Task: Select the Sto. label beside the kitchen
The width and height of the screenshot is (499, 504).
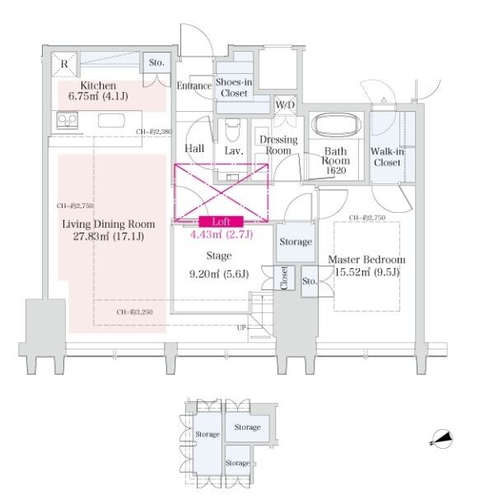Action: (156, 62)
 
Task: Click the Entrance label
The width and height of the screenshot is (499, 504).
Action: (194, 85)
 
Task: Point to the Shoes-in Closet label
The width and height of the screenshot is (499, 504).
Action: (235, 87)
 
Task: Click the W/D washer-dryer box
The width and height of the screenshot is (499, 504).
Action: (285, 104)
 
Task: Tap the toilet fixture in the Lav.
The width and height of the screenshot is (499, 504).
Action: (232, 130)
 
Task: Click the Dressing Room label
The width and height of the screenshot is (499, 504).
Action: (277, 146)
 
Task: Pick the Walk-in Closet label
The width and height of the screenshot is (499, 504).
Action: (386, 157)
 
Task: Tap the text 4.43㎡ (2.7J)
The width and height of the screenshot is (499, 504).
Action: (221, 234)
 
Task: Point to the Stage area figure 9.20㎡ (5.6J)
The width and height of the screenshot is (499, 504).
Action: (220, 275)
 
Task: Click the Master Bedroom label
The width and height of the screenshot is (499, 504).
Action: (366, 266)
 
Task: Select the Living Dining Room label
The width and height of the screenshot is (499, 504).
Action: (109, 230)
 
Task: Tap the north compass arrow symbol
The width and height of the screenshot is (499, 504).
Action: (442, 439)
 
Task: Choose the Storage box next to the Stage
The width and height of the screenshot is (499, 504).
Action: (296, 242)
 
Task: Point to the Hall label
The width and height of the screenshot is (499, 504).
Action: (195, 149)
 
